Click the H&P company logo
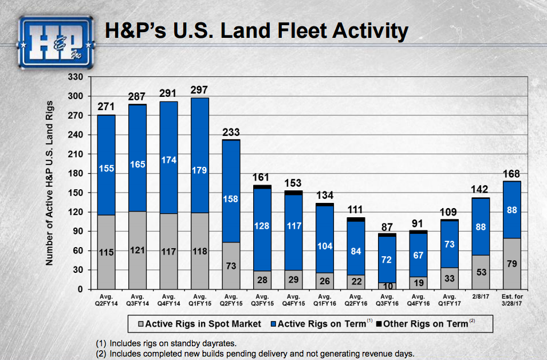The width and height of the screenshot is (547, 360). (x=56, y=40)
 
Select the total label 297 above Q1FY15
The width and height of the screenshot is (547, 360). (x=199, y=90)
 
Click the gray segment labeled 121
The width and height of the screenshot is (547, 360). (x=137, y=251)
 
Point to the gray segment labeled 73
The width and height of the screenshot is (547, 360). (x=231, y=266)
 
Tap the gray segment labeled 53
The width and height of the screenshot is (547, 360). (x=480, y=272)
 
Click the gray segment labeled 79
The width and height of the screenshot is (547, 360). (x=511, y=264)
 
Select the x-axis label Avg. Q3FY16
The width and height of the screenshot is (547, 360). (x=387, y=300)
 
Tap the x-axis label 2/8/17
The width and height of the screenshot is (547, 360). (x=480, y=296)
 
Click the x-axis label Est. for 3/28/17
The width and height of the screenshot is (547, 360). (x=511, y=300)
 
